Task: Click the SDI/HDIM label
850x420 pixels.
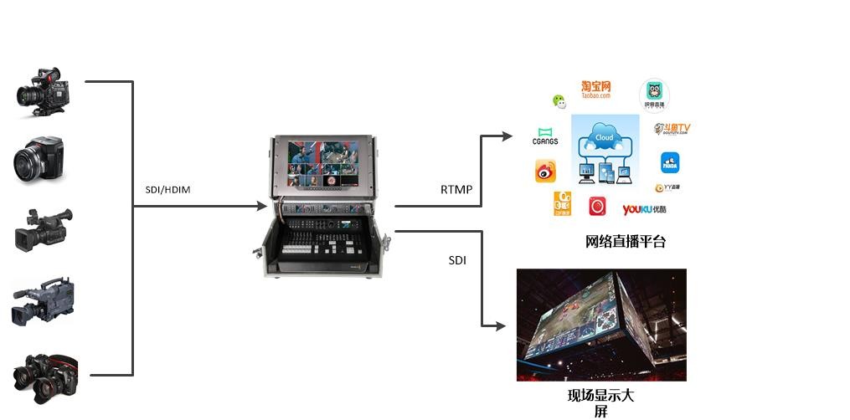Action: point(162,190)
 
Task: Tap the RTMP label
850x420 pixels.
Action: point(456,190)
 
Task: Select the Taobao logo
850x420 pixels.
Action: point(596,90)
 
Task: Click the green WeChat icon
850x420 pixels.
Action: point(559,101)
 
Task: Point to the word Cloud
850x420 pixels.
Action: point(604,137)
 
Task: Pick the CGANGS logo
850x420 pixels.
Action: point(545,136)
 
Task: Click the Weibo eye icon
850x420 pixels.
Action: point(546,172)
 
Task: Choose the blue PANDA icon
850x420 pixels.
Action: point(670,163)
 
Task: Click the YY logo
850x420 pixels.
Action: point(667,187)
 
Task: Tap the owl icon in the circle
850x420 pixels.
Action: point(654,95)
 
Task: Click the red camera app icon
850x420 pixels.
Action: point(597,206)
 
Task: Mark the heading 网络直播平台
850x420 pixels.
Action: point(626,243)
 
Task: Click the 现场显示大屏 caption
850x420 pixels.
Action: point(600,402)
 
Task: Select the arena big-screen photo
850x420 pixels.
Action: point(601,325)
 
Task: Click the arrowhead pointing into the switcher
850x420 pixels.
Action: point(259,204)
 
